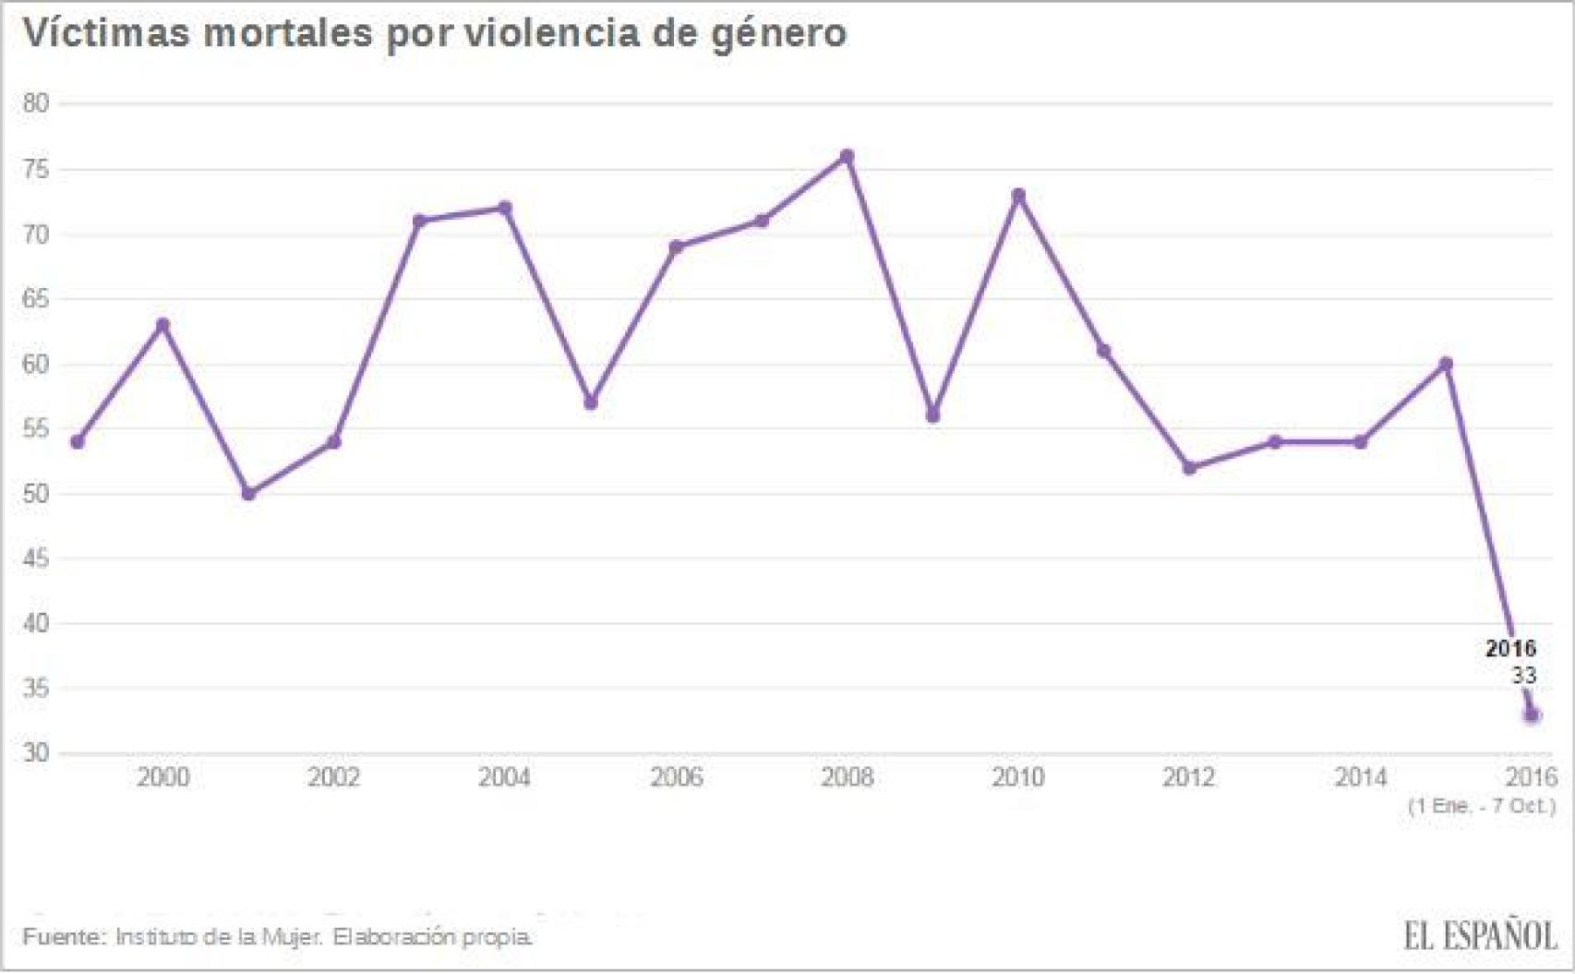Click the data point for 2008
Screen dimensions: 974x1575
coord(847,156)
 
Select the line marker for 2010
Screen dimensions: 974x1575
coord(1018,195)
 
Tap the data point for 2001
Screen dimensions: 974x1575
coord(248,493)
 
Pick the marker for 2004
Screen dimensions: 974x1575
coord(504,208)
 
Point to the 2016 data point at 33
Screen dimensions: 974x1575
coord(1533,715)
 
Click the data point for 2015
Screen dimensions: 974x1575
coord(1447,364)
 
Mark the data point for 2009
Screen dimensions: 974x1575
coord(932,415)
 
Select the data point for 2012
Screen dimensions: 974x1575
coord(1189,468)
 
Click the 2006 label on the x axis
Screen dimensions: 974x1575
coord(676,777)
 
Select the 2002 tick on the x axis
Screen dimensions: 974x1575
coord(333,777)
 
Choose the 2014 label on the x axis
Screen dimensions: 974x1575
coord(1360,777)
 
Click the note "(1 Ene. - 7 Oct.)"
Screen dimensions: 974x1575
coord(1481,806)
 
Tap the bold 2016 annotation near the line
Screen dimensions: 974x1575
coord(1510,648)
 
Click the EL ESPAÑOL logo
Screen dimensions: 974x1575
coord(1479,936)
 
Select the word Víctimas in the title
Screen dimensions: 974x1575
coord(105,33)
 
